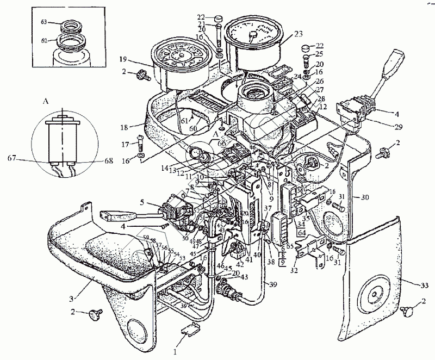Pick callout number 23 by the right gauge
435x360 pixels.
[x=298, y=33]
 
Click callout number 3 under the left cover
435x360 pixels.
[x=72, y=299]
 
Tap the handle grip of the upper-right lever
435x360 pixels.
[x=394, y=61]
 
